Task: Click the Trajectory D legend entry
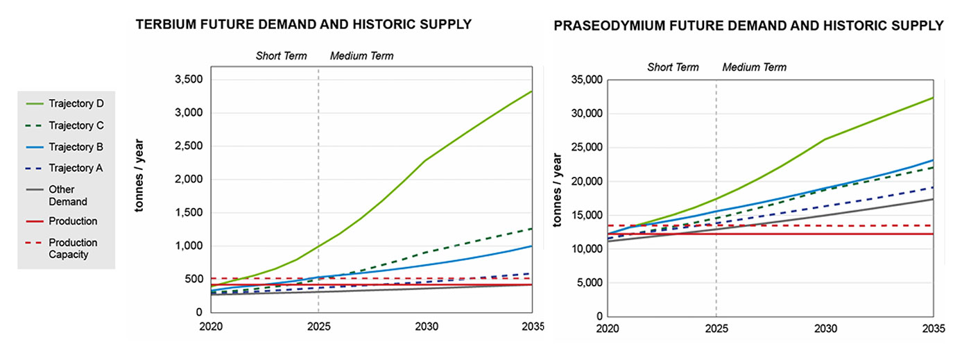pyautogui.click(x=76, y=104)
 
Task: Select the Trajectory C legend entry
pyautogui.click(x=76, y=126)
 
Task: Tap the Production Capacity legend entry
pyautogui.click(x=72, y=248)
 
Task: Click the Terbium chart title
pyautogui.click(x=303, y=25)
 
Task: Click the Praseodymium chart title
pyautogui.click(x=748, y=26)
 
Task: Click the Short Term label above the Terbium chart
pyautogui.click(x=281, y=55)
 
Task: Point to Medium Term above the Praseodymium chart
pyautogui.click(x=754, y=67)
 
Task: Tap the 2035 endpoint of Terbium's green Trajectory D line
pyautogui.click(x=532, y=92)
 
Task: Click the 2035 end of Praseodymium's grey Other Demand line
pyautogui.click(x=933, y=199)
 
